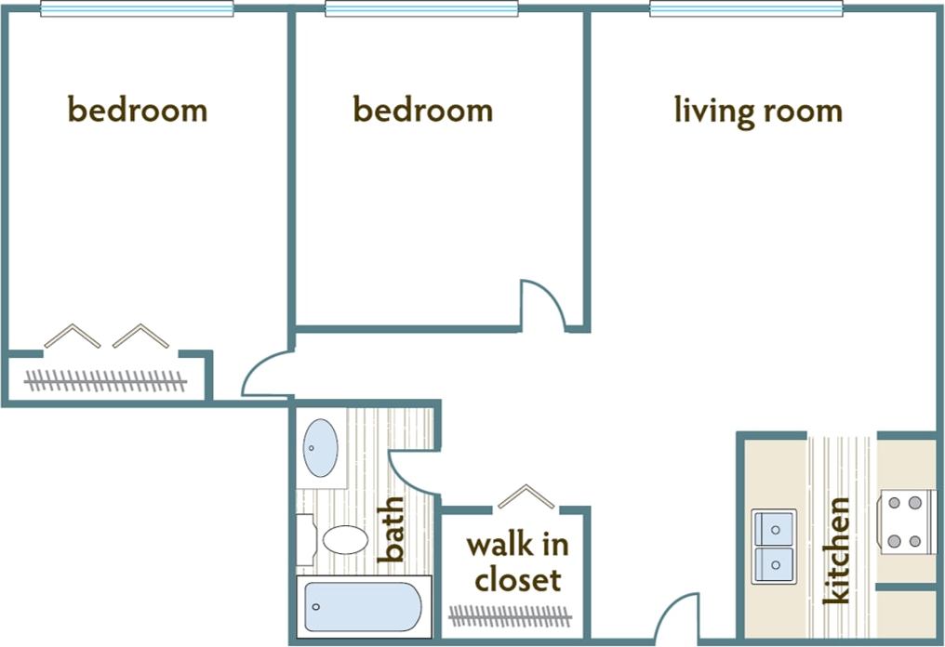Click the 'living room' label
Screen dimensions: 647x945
[x=758, y=112]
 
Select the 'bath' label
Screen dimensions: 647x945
[x=393, y=530]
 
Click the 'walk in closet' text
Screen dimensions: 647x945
[x=517, y=562]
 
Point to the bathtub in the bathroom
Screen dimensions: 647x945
[x=364, y=607]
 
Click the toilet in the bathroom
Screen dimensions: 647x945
[x=339, y=540]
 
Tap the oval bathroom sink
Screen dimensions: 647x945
[x=321, y=447]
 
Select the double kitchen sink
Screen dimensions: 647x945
[x=774, y=546]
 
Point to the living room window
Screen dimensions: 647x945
[x=746, y=9]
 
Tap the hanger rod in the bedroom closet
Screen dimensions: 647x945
[x=105, y=380]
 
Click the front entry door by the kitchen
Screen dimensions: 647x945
[x=676, y=617]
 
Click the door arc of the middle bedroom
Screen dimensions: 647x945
[x=542, y=304]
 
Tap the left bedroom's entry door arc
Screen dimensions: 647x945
[x=267, y=376]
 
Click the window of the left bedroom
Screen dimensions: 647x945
[x=136, y=9]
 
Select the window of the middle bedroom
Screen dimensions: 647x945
[x=421, y=9]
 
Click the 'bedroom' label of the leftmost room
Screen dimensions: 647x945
[x=138, y=111]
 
